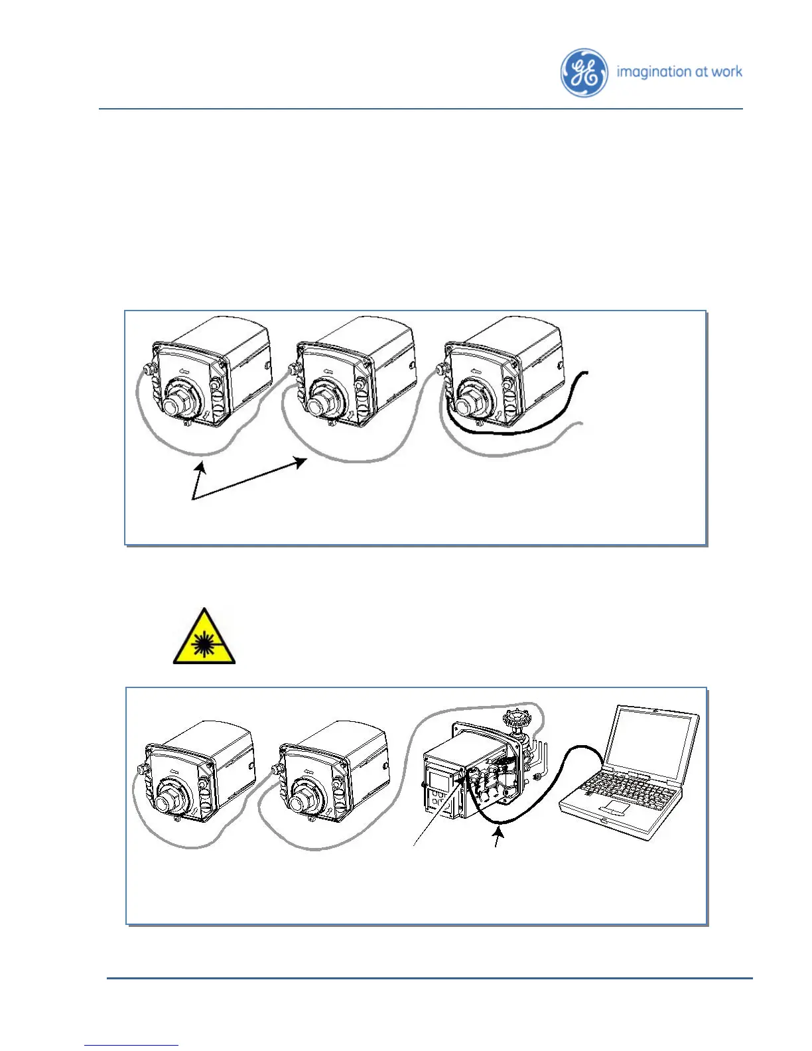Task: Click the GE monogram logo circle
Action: coord(584,73)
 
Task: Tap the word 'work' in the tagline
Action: coord(727,71)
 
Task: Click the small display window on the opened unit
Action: coord(440,780)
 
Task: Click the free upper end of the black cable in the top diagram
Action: coord(585,373)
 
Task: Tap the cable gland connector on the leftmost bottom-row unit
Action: coord(141,770)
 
